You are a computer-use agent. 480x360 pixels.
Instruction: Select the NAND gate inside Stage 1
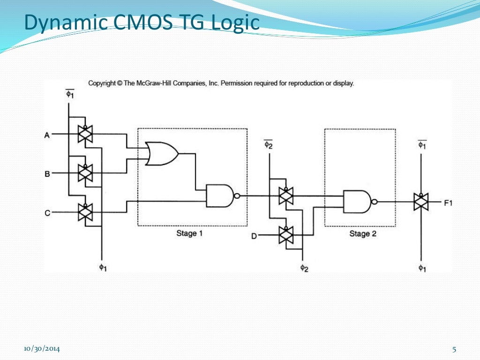220,195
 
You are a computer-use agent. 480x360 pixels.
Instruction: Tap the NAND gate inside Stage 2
357,202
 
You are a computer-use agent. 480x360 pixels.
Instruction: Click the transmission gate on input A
85,135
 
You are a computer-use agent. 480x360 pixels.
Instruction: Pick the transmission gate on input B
85,173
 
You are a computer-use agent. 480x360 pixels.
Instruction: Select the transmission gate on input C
85,212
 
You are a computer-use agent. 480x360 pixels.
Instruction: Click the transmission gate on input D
285,235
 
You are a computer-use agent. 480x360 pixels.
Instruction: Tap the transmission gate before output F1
421,202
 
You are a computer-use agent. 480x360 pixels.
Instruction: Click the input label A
47,135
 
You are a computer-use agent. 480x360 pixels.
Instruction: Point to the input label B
47,174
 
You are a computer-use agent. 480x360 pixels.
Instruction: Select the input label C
47,213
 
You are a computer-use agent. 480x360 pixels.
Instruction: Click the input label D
254,236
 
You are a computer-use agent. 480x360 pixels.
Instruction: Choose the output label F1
449,203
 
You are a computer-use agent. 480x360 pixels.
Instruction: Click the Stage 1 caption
189,233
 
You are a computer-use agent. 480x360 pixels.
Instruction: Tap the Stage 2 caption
363,233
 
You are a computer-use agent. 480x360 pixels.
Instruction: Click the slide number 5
454,349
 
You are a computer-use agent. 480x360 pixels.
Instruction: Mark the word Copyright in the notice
102,83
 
